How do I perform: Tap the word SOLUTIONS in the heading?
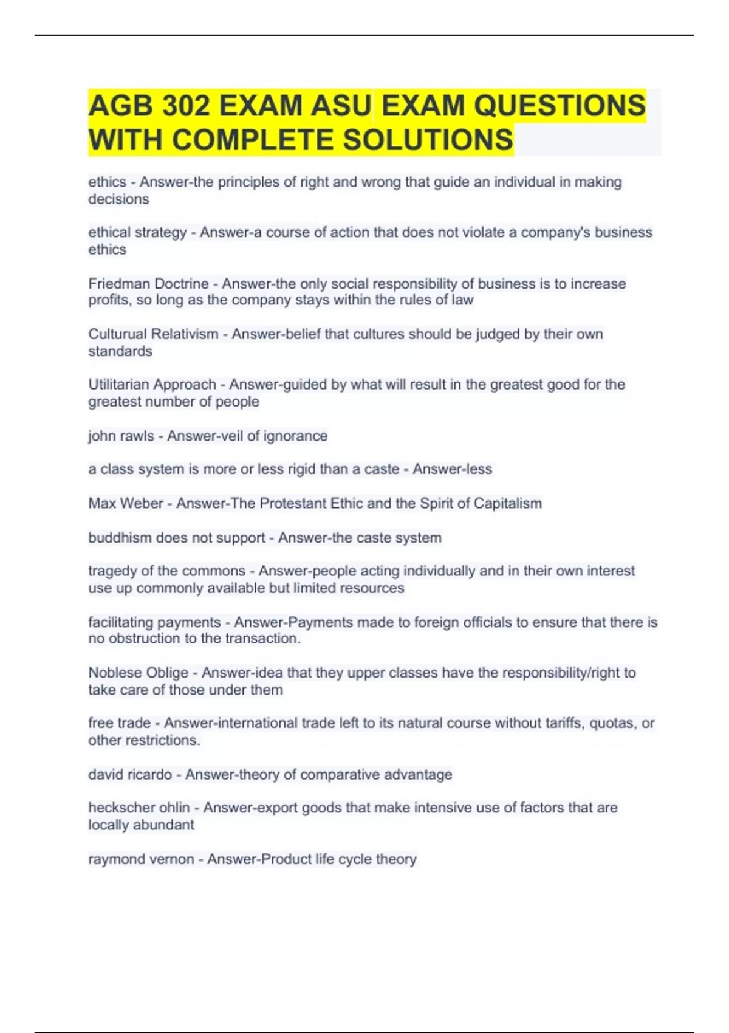pyautogui.click(x=428, y=140)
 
